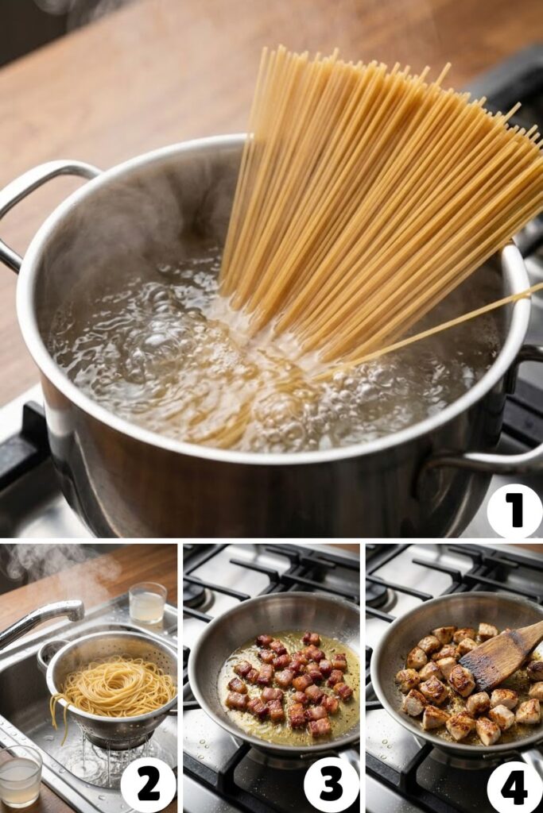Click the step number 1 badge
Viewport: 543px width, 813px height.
pos(514,511)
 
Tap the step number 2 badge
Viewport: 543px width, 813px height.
pos(149,784)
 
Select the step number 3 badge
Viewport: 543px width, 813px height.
pos(331,784)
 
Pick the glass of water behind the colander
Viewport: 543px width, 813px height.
pos(147,603)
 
